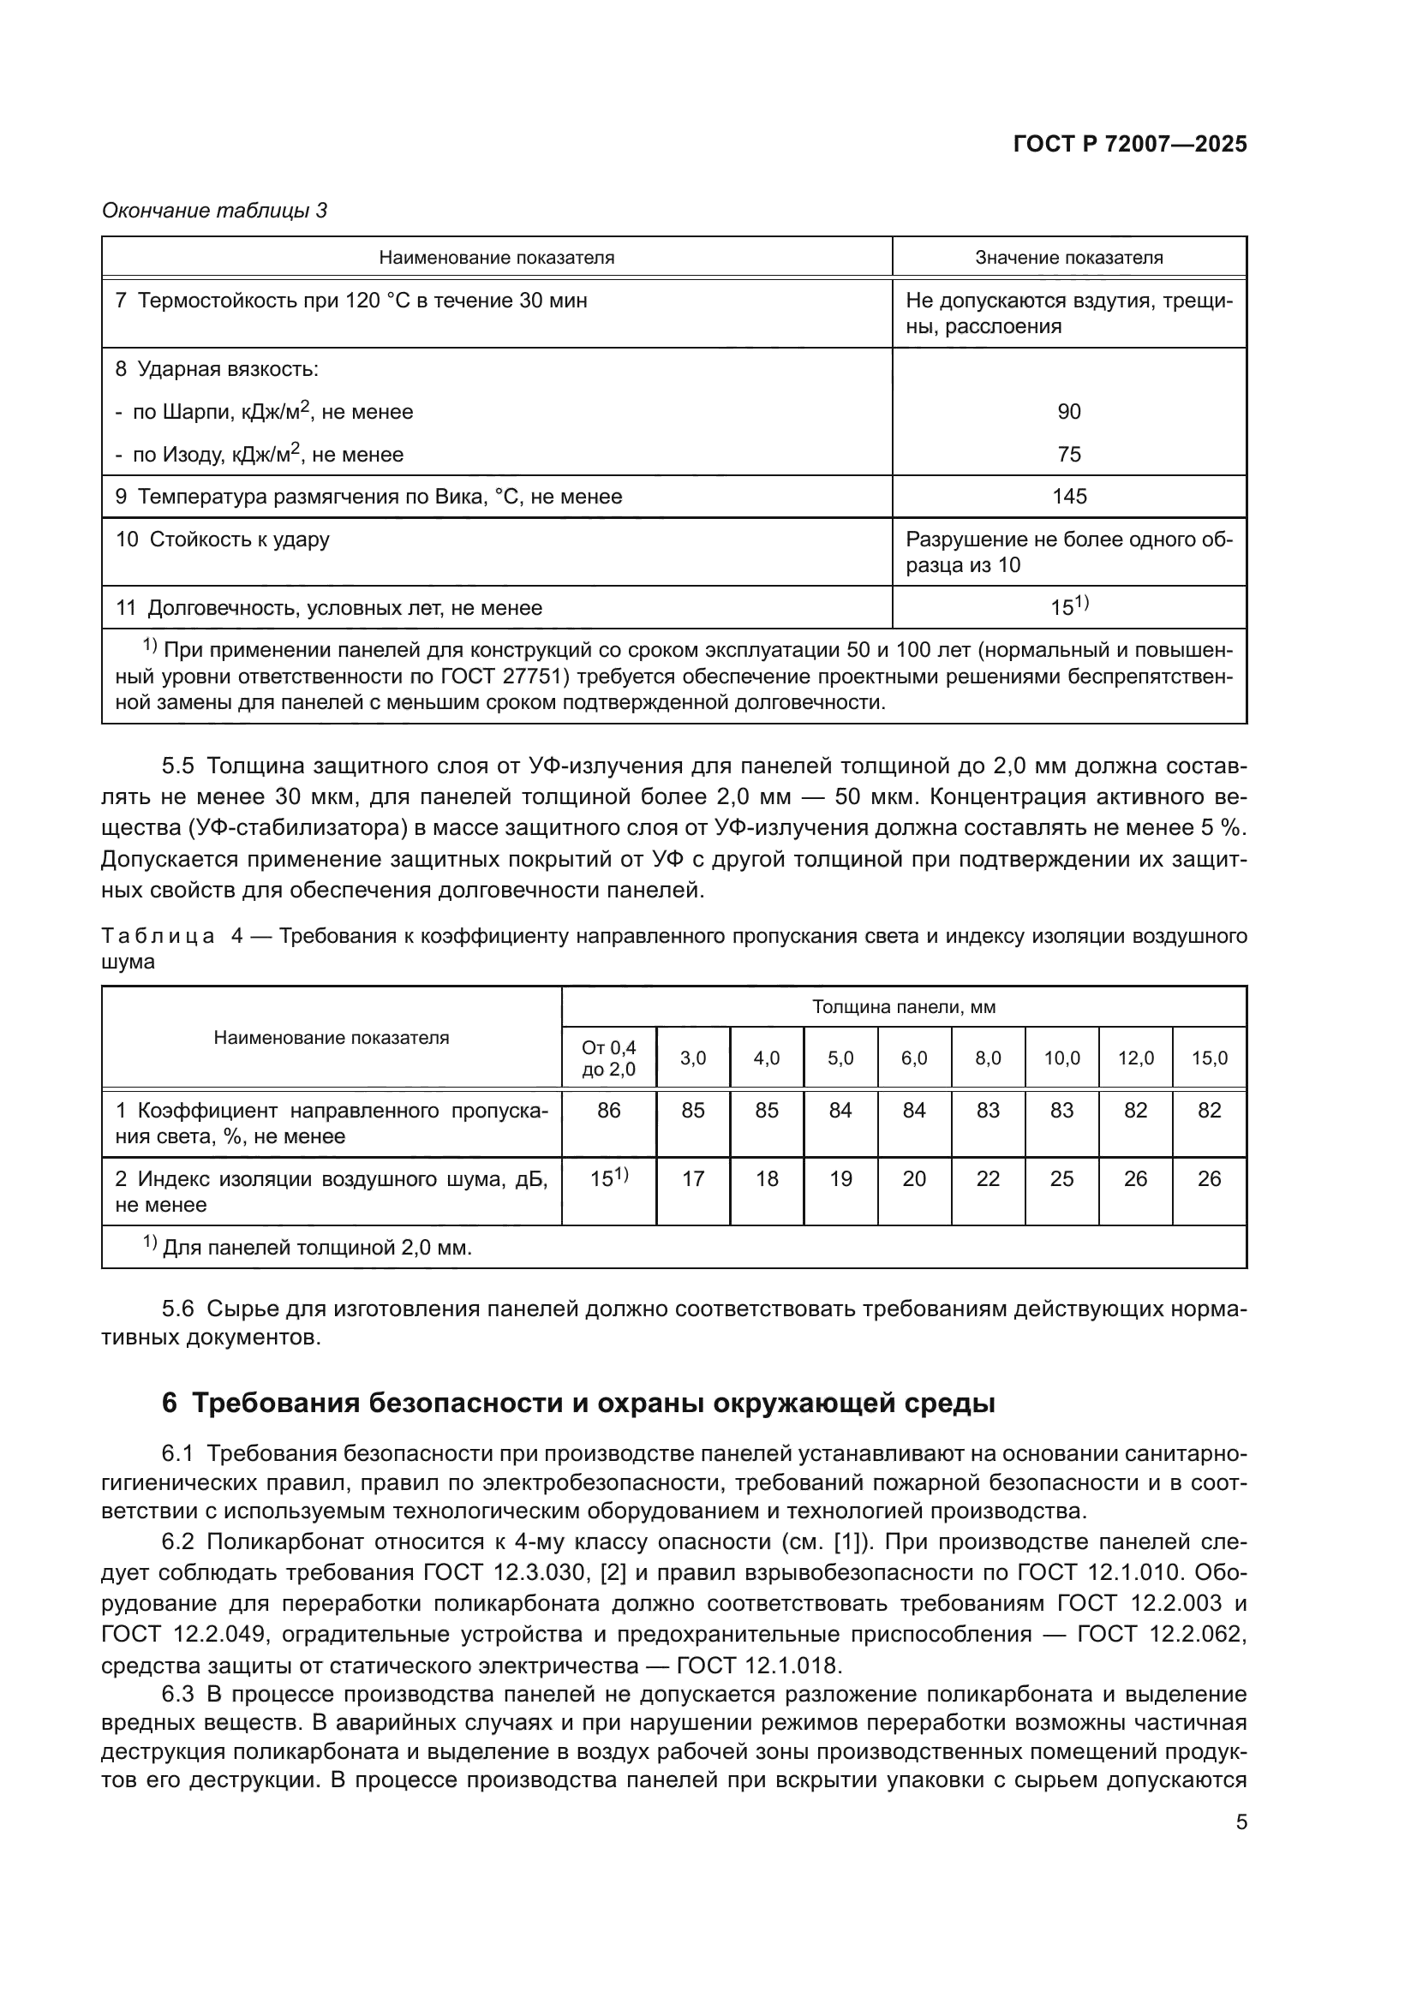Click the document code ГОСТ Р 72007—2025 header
pyautogui.click(x=1130, y=145)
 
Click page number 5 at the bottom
pyautogui.click(x=1241, y=1821)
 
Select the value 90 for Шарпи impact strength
pyautogui.click(x=1069, y=412)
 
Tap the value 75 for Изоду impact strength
pyautogui.click(x=1069, y=455)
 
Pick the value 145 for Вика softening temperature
pyautogui.click(x=1069, y=498)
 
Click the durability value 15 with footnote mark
pyautogui.click(x=1069, y=607)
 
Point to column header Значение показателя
pyautogui.click(x=1069, y=259)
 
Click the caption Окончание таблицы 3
pyautogui.click(x=215, y=212)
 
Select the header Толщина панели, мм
pyautogui.click(x=903, y=1008)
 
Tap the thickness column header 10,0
pyautogui.click(x=1061, y=1058)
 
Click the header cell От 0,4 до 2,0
pyautogui.click(x=609, y=1058)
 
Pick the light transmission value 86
pyautogui.click(x=609, y=1111)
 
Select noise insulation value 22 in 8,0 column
pyautogui.click(x=988, y=1179)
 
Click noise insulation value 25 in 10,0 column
pyautogui.click(x=1061, y=1179)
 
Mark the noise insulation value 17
pyautogui.click(x=693, y=1179)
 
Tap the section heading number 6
pyautogui.click(x=170, y=1404)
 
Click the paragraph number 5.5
pyautogui.click(x=177, y=766)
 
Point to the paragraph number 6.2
pyautogui.click(x=177, y=1541)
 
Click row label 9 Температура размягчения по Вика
pyautogui.click(x=369, y=498)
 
